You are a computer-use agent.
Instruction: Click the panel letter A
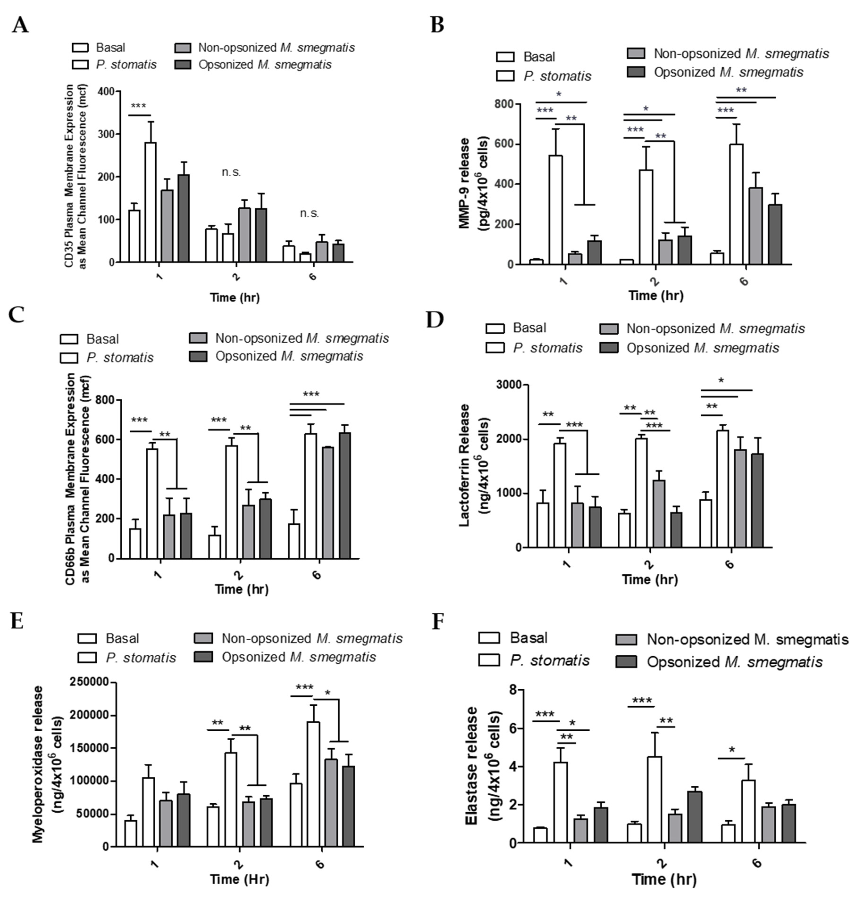(x=20, y=25)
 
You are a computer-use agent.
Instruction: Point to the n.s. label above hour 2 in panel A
(x=231, y=173)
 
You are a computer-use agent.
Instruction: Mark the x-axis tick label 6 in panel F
(x=757, y=862)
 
